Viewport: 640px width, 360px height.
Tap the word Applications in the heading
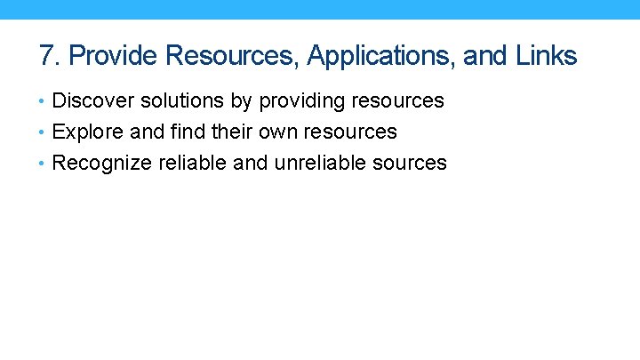(x=380, y=57)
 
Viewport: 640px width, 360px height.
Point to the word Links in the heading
(x=546, y=56)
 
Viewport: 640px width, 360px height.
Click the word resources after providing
(x=400, y=101)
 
